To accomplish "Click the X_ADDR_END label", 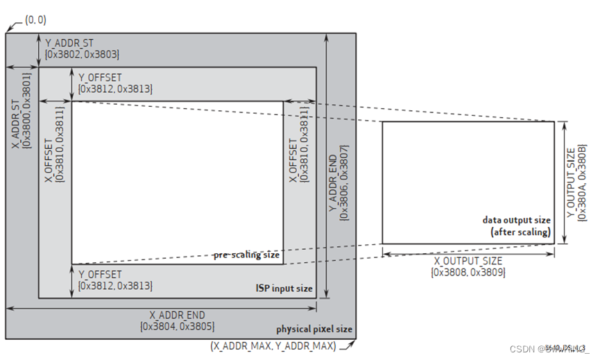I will tap(177, 314).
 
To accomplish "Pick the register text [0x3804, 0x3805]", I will tap(177, 325).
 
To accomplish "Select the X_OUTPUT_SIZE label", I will tap(468, 261).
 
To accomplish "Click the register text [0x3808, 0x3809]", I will tap(468, 273).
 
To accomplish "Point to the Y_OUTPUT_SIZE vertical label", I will tap(571, 182).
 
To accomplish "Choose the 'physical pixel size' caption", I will tap(314, 329).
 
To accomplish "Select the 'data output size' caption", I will tap(517, 220).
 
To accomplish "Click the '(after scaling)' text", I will tap(521, 232).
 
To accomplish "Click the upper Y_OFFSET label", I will tap(100, 78).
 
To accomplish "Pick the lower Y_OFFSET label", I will tap(100, 275).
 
